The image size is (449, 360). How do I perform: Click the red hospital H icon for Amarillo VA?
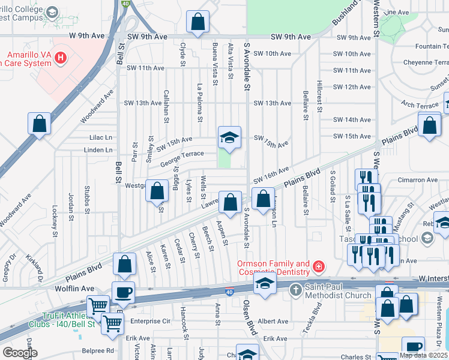60,57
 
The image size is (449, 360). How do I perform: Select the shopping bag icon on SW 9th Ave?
197,22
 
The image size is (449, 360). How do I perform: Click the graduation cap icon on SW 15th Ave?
229,138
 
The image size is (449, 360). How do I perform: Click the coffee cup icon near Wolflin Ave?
123,293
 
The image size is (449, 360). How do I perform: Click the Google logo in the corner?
20,352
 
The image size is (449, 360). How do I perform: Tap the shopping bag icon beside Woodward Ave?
39,124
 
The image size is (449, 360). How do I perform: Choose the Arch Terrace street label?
421,105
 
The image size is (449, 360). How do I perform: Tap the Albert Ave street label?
273,322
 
